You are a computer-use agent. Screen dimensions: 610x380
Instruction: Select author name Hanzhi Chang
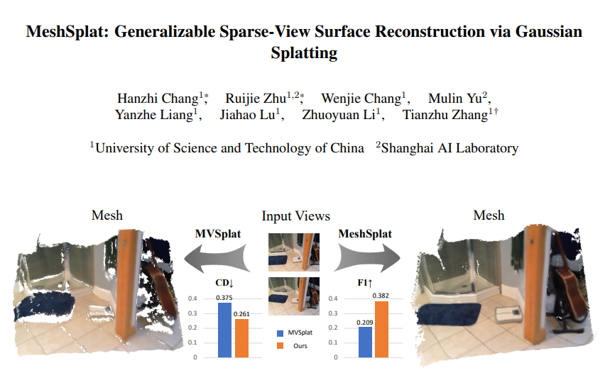tap(158, 99)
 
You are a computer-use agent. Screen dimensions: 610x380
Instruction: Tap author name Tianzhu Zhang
tap(445, 115)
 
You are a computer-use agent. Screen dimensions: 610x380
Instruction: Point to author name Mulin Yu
tap(454, 99)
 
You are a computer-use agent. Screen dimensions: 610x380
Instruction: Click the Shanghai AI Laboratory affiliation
tap(450, 148)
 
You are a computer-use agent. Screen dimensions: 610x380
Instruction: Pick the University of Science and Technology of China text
tap(229, 148)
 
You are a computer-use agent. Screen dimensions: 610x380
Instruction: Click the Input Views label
tap(295, 216)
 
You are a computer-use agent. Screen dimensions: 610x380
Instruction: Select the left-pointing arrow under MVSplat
tap(217, 258)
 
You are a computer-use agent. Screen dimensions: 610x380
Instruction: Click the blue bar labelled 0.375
tap(224, 330)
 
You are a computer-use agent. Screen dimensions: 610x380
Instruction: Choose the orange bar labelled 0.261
tap(241, 338)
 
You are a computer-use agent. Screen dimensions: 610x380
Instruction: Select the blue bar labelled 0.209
tap(365, 342)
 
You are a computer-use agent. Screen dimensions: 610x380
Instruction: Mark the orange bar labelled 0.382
tap(381, 330)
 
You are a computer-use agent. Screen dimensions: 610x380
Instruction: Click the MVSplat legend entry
tap(295, 333)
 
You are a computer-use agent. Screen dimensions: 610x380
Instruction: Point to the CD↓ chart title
tap(224, 283)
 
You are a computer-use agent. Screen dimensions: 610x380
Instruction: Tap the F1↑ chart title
tap(365, 283)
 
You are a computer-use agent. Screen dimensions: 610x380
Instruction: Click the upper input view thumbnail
tap(294, 252)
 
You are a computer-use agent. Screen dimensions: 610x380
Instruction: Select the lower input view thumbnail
tap(294, 296)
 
